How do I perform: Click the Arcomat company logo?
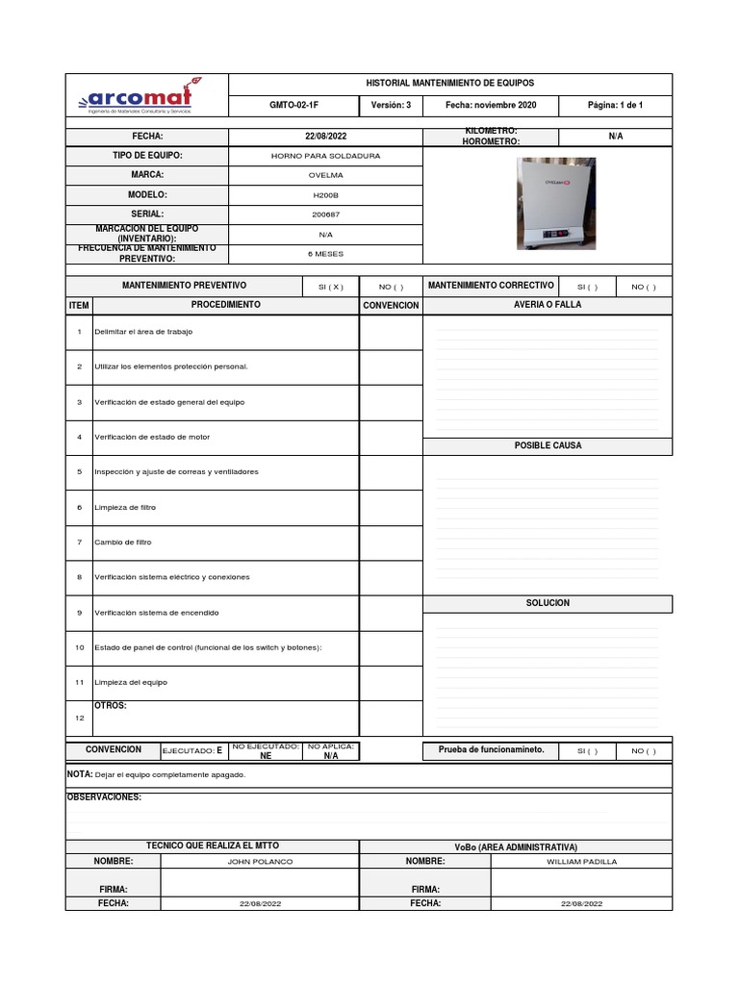point(140,97)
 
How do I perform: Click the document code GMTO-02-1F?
point(293,105)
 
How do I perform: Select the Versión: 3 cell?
point(391,105)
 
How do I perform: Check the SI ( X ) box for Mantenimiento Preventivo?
point(330,287)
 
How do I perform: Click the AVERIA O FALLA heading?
point(548,305)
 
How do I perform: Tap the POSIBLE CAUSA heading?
point(548,445)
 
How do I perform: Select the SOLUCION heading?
point(548,603)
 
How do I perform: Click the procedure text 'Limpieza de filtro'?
point(125,507)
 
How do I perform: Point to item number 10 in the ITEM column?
point(79,647)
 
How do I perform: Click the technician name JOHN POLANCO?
point(260,862)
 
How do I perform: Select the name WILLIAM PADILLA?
point(581,862)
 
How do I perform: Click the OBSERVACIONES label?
point(104,797)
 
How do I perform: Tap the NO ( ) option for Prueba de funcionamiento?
point(644,751)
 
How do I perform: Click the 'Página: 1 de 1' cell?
point(615,105)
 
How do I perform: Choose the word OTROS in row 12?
point(111,706)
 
